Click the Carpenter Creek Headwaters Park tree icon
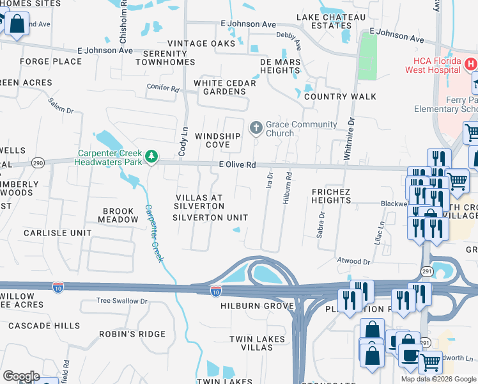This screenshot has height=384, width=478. tap(151, 156)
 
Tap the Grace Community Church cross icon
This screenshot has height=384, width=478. tap(256, 128)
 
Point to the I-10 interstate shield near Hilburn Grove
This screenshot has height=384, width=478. tap(216, 291)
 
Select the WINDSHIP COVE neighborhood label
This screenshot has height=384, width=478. tap(218, 140)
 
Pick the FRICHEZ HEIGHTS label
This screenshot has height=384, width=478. tap(330, 196)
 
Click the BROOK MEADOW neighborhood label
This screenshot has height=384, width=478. tap(118, 215)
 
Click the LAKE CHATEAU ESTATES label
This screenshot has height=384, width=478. tap(323, 21)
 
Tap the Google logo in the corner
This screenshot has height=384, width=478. tap(21, 376)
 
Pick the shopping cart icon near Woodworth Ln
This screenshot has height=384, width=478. tap(430, 362)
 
